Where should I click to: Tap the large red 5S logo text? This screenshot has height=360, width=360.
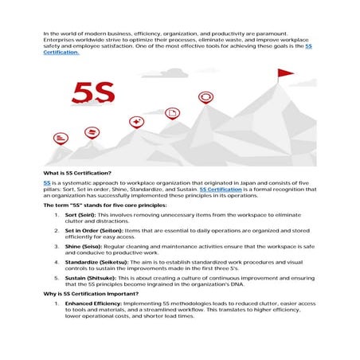pyautogui.click(x=92, y=93)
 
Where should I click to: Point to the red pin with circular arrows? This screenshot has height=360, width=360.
pyautogui.click(x=205, y=97)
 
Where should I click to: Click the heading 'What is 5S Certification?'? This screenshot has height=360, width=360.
pyautogui.click(x=77, y=173)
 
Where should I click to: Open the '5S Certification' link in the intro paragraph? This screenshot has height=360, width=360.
pyautogui.click(x=64, y=53)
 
